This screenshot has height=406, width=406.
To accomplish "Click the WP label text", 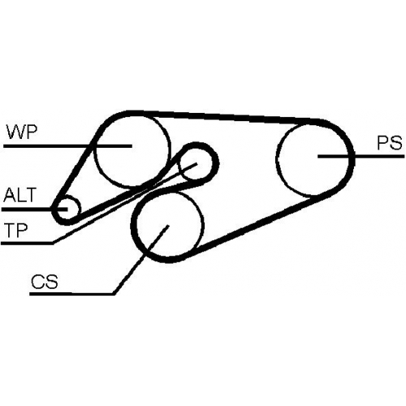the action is tap(21, 132).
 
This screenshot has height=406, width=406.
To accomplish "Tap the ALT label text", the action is tap(19, 195).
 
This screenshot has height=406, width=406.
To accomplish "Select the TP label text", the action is tap(16, 230).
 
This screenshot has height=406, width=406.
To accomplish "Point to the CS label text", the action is tap(45, 282).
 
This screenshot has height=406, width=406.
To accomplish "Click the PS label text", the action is tap(390, 143).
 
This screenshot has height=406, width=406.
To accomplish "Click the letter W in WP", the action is tap(15, 132).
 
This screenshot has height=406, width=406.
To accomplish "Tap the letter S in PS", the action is tap(395, 143).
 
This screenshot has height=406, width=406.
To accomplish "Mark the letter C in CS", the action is tap(38, 282).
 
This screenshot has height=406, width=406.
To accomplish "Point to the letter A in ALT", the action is tap(9, 195).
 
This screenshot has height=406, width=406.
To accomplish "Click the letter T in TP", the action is tap(11, 230).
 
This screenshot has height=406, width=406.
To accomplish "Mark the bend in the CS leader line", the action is tap(114, 294).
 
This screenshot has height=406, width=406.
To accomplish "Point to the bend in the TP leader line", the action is tap(54, 243).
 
